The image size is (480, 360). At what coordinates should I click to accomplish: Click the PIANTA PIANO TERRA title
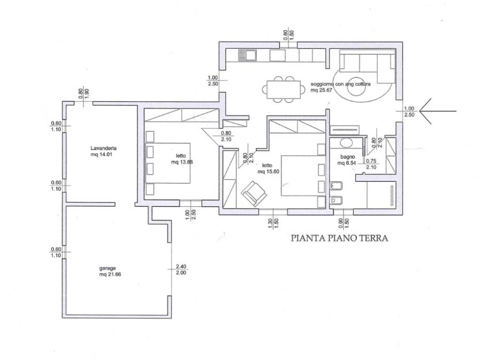(339, 238)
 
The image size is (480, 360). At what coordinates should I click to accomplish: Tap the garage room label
(107, 269)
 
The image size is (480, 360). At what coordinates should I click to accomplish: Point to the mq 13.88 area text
(182, 162)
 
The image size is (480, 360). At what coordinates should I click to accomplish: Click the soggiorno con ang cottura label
(341, 84)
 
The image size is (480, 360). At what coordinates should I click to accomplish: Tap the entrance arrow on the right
(438, 111)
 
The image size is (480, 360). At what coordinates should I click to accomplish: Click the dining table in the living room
(284, 90)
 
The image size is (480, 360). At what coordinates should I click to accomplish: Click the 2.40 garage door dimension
(181, 266)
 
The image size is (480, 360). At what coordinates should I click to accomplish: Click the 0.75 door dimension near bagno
(371, 161)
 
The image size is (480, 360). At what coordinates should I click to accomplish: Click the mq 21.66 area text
(110, 274)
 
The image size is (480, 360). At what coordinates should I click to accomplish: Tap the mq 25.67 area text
(322, 90)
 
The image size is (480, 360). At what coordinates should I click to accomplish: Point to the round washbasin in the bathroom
(346, 142)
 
